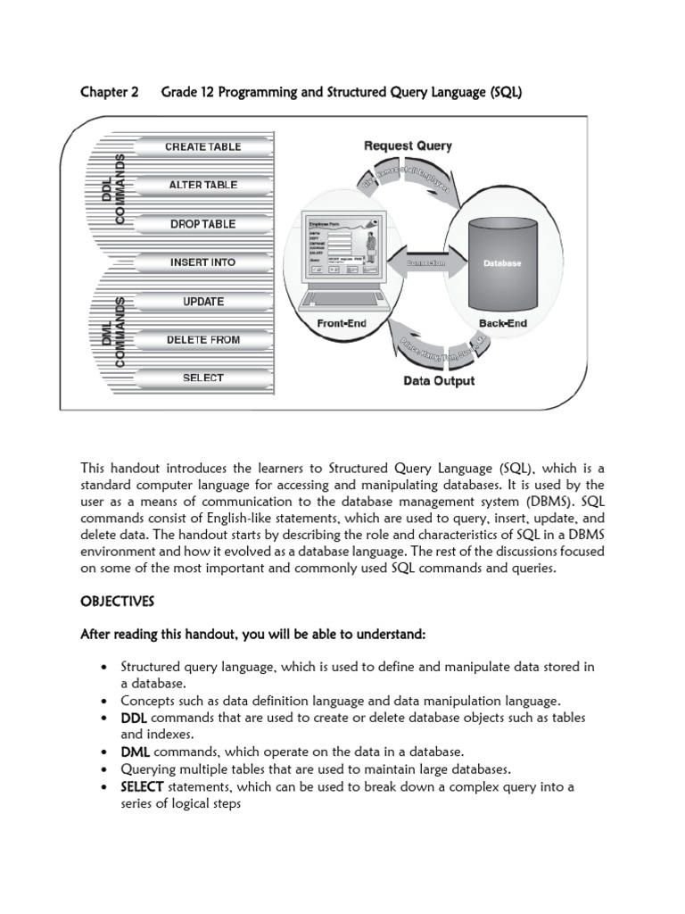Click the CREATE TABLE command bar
(202, 147)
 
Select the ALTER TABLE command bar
(202, 186)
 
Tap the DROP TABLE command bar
(202, 224)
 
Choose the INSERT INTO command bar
(202, 262)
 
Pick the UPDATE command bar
(202, 302)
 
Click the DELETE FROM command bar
(202, 340)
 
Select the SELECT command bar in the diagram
(202, 378)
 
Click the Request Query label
(408, 145)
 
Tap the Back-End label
(502, 323)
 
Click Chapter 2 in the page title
(110, 92)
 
